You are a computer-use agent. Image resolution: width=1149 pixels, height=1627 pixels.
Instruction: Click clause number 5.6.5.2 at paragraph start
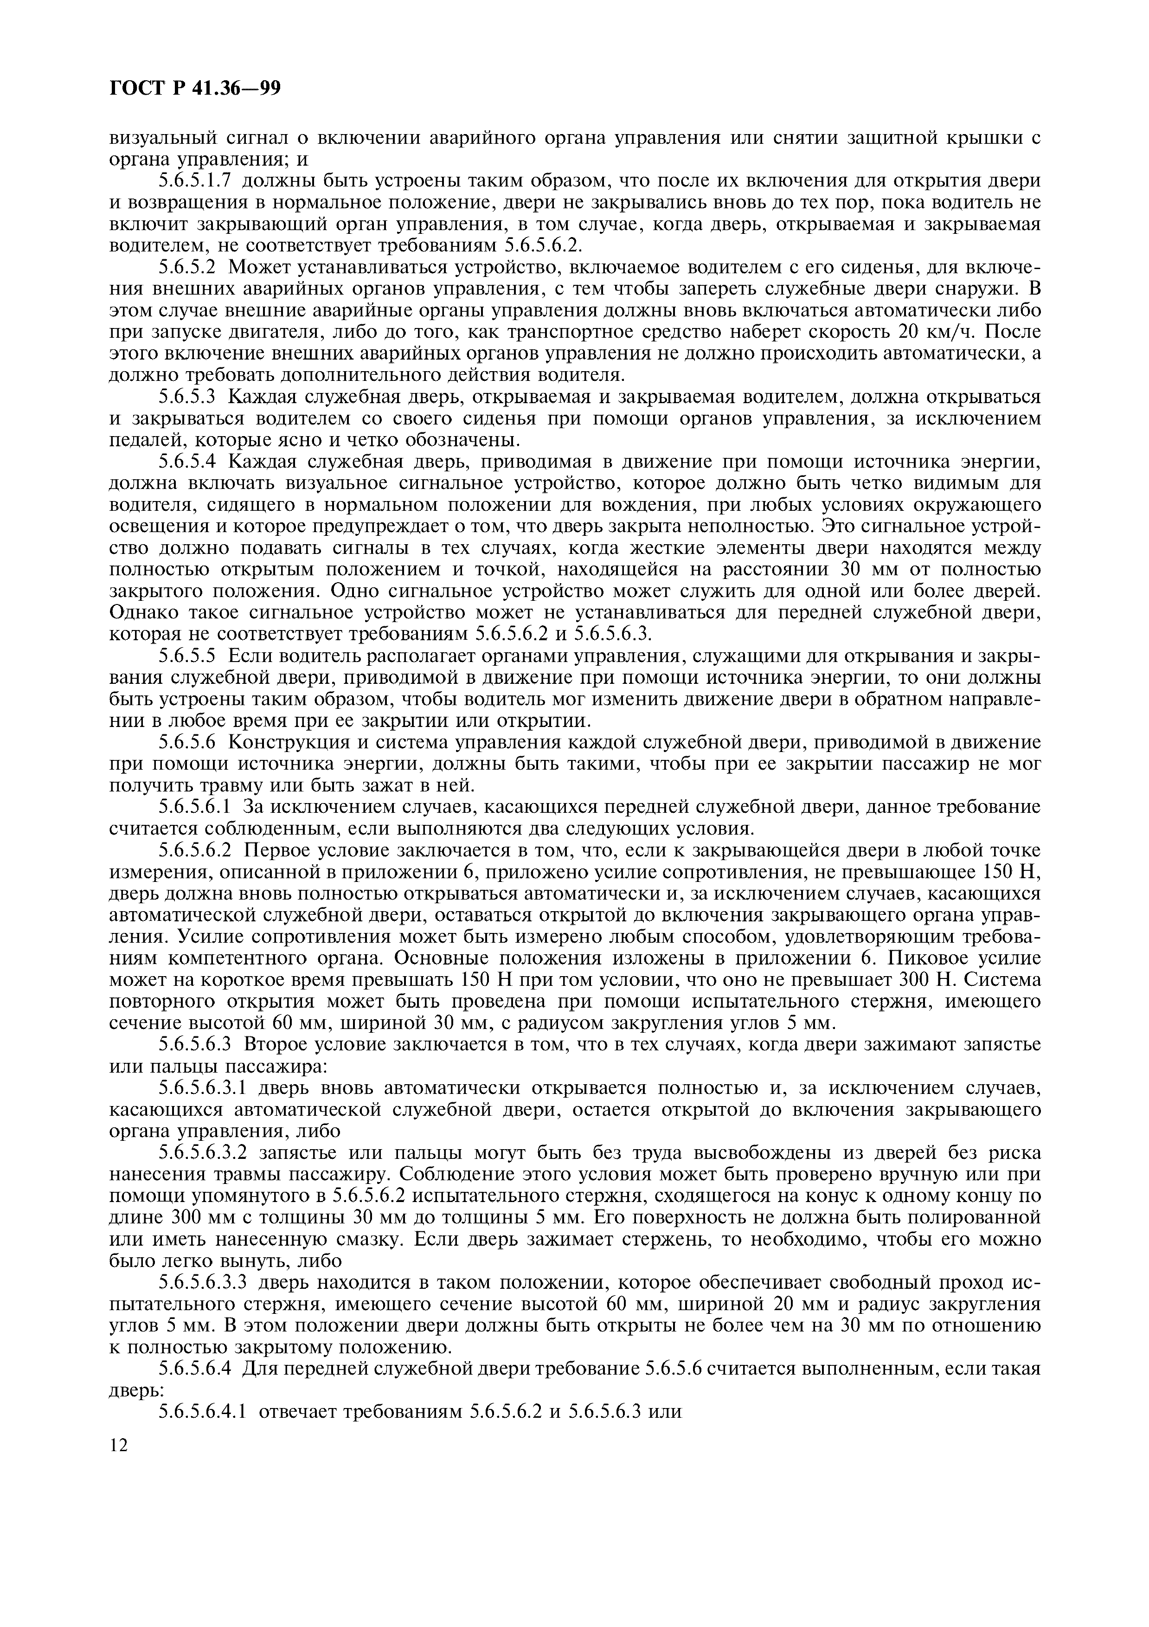click(x=186, y=267)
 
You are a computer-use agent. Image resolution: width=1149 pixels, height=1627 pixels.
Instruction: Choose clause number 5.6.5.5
click(x=186, y=656)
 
